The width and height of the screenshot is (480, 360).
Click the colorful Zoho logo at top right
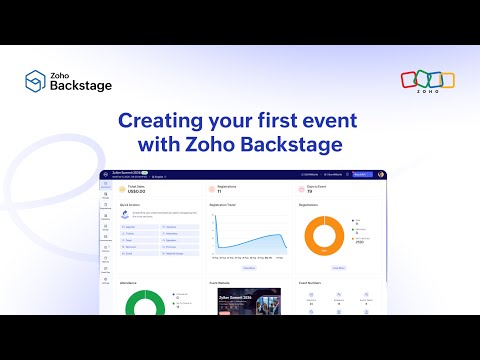coord(427,81)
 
